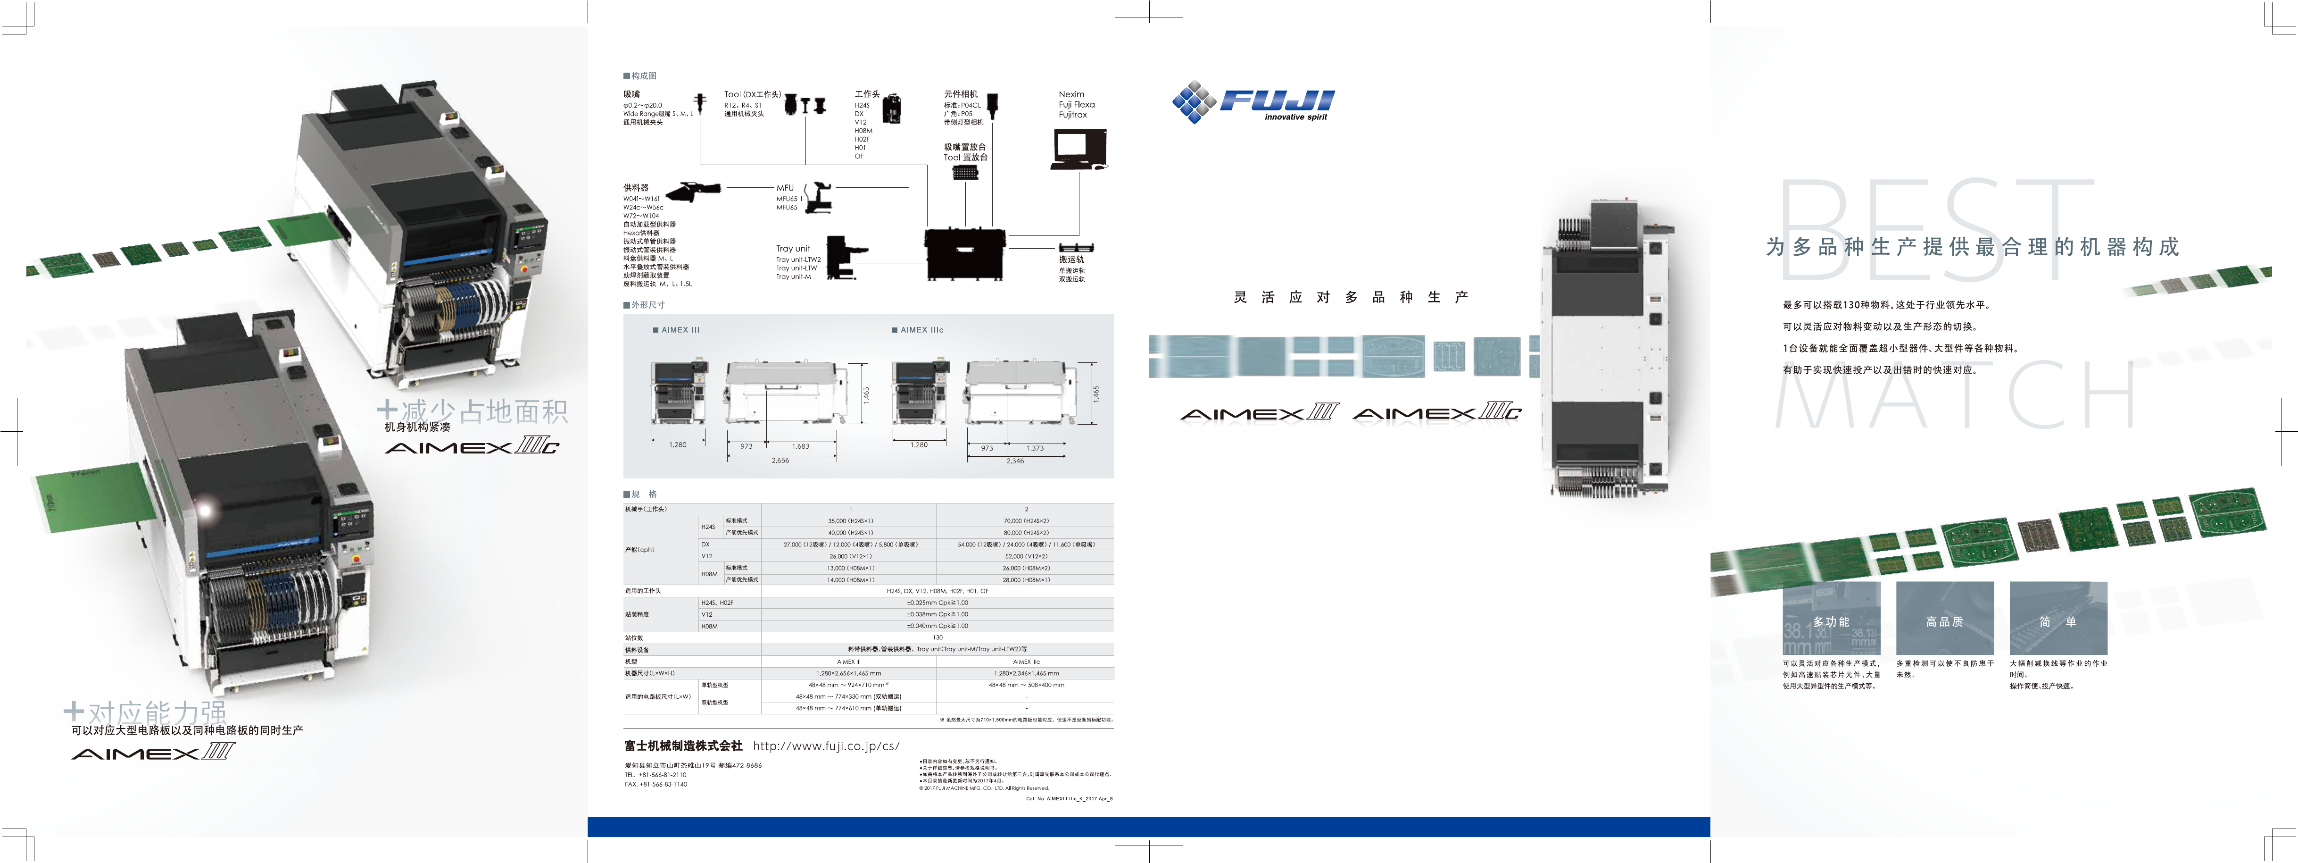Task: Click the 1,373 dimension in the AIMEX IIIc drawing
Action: click(x=1035, y=448)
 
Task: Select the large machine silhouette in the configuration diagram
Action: click(x=964, y=254)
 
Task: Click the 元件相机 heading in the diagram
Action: click(x=961, y=94)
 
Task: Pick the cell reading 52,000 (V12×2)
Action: click(x=1026, y=556)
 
